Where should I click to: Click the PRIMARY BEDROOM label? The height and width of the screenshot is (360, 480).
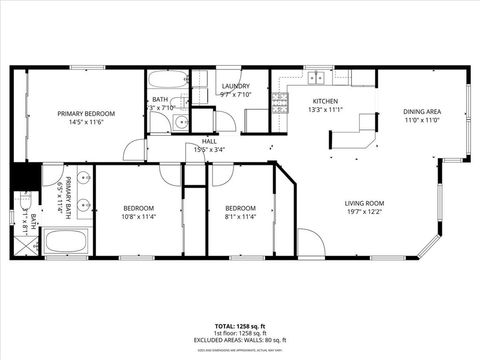pyautogui.click(x=86, y=114)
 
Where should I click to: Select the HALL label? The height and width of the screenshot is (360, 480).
pyautogui.click(x=209, y=141)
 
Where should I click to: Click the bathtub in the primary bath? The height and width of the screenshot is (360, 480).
pyautogui.click(x=67, y=242)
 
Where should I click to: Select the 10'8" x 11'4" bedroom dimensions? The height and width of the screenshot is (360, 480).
pyautogui.click(x=139, y=216)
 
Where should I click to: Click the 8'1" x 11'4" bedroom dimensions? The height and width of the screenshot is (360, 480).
pyautogui.click(x=240, y=216)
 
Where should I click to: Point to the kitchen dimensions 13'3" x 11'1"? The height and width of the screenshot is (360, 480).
pyautogui.click(x=326, y=111)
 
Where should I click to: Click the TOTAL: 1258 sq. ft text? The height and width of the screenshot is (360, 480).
pyautogui.click(x=239, y=327)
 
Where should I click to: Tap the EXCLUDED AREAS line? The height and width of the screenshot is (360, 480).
pyautogui.click(x=240, y=339)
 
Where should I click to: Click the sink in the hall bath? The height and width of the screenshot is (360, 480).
pyautogui.click(x=178, y=123)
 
